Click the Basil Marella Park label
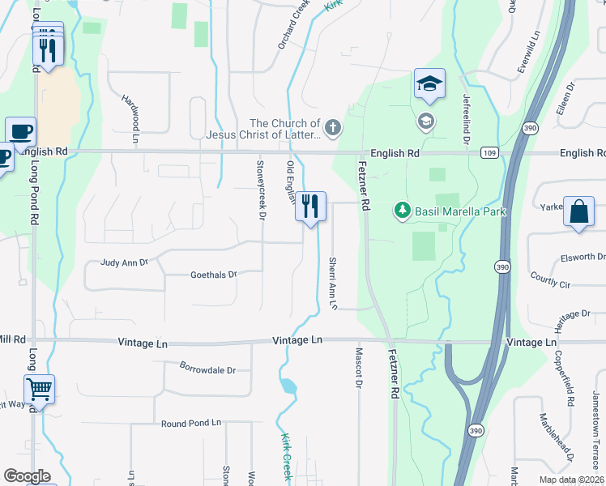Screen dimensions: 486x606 (x=460, y=211)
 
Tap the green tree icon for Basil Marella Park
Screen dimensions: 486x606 (x=401, y=211)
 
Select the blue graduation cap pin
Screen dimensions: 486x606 (x=429, y=83)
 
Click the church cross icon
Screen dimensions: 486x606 (x=332, y=127)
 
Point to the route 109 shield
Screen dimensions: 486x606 (x=489, y=152)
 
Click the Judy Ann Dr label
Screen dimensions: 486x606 (x=125, y=262)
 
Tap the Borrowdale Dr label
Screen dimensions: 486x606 (x=207, y=370)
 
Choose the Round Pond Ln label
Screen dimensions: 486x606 (x=191, y=423)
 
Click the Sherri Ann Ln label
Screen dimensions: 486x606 (x=332, y=283)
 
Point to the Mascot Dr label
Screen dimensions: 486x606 (x=358, y=367)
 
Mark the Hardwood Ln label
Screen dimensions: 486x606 (x=132, y=113)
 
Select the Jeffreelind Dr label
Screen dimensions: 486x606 (x=466, y=118)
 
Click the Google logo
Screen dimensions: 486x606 (x=27, y=476)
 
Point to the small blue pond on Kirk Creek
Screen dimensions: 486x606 (x=288, y=386)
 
